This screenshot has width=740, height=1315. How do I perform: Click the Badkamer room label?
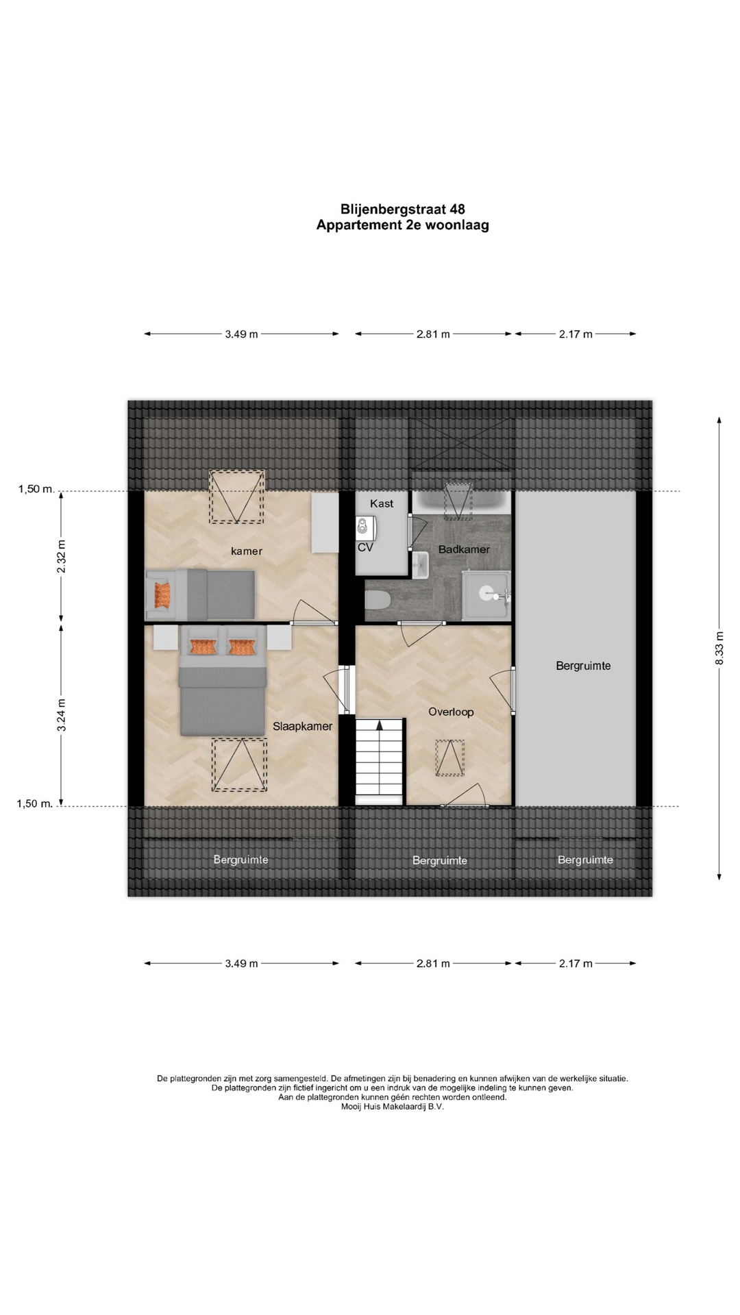pyautogui.click(x=464, y=549)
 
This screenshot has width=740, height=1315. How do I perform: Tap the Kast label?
pyautogui.click(x=382, y=503)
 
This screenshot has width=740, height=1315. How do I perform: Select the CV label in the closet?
pyautogui.click(x=365, y=547)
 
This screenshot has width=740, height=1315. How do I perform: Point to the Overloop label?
pyautogui.click(x=451, y=712)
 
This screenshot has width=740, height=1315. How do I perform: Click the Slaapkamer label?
pyautogui.click(x=302, y=727)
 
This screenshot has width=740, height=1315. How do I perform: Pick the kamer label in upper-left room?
pyautogui.click(x=247, y=551)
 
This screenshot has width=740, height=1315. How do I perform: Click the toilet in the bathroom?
pyautogui.click(x=378, y=601)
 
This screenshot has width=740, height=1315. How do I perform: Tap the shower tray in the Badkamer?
pyautogui.click(x=486, y=596)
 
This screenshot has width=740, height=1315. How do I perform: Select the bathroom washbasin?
pyautogui.click(x=420, y=565)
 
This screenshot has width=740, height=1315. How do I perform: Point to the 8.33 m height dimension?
pyautogui.click(x=719, y=648)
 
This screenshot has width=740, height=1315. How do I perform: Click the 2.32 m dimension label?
pyautogui.click(x=62, y=557)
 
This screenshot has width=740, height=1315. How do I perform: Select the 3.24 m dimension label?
pyautogui.click(x=62, y=715)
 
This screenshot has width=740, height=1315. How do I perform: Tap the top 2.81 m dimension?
pyautogui.click(x=433, y=334)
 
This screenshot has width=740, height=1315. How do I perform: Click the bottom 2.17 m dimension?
pyautogui.click(x=576, y=964)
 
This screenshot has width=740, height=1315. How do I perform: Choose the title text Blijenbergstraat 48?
pyautogui.click(x=403, y=210)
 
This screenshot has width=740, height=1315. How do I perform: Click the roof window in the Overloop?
pyautogui.click(x=449, y=757)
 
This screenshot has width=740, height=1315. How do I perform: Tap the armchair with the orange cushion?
pyautogui.click(x=162, y=594)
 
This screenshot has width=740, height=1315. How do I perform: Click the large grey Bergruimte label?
pyautogui.click(x=583, y=666)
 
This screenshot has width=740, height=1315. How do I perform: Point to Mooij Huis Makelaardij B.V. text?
pyautogui.click(x=393, y=1106)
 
